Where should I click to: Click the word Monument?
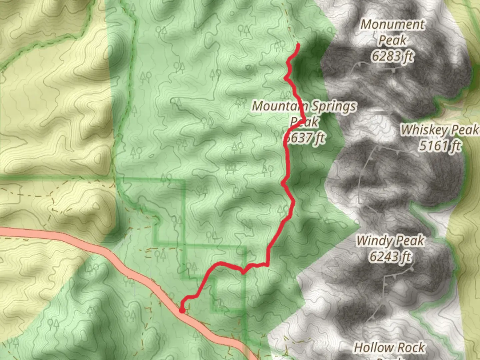point(393,24)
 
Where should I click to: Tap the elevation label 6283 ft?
point(393,56)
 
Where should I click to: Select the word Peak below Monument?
point(393,40)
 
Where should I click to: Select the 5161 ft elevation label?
point(440,146)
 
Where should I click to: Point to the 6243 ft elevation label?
point(390,257)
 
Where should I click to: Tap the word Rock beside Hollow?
point(410,348)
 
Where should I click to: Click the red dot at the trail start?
point(182,310)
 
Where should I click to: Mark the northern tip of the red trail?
point(298,45)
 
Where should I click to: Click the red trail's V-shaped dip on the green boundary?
point(244,272)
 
